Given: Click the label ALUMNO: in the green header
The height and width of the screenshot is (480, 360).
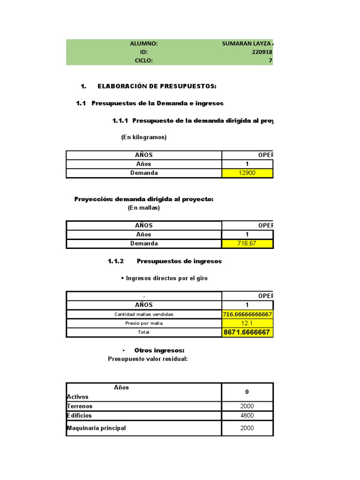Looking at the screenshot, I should (143, 44).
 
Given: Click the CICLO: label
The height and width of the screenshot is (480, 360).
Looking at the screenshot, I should (143, 60).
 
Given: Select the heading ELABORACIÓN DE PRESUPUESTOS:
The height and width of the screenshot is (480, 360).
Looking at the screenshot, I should (157, 86).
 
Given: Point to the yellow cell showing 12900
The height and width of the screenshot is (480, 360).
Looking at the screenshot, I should (247, 173).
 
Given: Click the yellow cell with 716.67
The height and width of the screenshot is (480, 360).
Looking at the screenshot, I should (247, 243).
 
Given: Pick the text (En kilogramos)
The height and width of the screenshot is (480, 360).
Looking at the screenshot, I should (144, 137).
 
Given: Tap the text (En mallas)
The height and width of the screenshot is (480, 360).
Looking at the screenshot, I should (144, 208).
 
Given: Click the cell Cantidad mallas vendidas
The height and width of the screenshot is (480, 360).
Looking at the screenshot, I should (144, 314).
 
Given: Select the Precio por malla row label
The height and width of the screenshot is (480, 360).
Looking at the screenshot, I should (144, 323).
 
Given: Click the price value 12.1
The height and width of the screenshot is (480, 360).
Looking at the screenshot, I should (247, 323).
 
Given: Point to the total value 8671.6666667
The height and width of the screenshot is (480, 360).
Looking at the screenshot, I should (247, 332).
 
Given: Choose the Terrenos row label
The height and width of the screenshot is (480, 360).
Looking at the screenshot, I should (80, 406).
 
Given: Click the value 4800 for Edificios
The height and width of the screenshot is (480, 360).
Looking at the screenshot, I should (247, 416).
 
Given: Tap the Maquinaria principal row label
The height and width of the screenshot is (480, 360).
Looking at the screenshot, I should (97, 428).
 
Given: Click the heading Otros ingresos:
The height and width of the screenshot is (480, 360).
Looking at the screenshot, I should (159, 350).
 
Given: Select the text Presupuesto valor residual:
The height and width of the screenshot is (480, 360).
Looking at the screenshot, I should (148, 359).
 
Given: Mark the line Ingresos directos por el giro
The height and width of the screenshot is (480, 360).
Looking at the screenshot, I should (165, 278).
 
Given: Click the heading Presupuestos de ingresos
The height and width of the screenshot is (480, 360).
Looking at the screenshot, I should (180, 261).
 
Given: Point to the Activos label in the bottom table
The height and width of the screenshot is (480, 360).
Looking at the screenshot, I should (78, 397).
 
